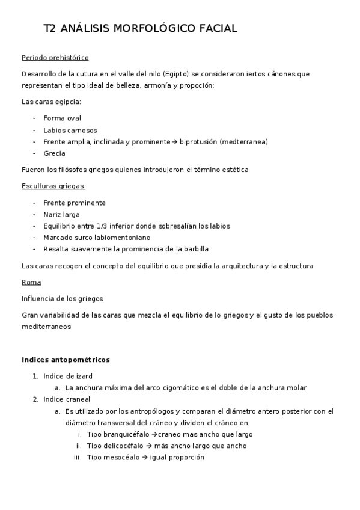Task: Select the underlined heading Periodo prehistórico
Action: pos(55,58)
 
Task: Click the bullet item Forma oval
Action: pos(63,118)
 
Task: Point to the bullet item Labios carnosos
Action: pos(70,130)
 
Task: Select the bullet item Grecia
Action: pos(55,153)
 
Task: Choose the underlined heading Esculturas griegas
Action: pos(53,186)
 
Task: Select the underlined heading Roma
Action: pos(31,282)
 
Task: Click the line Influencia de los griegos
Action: pos(63,298)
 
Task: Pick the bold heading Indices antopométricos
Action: pos(66,360)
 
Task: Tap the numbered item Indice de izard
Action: pos(68,376)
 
